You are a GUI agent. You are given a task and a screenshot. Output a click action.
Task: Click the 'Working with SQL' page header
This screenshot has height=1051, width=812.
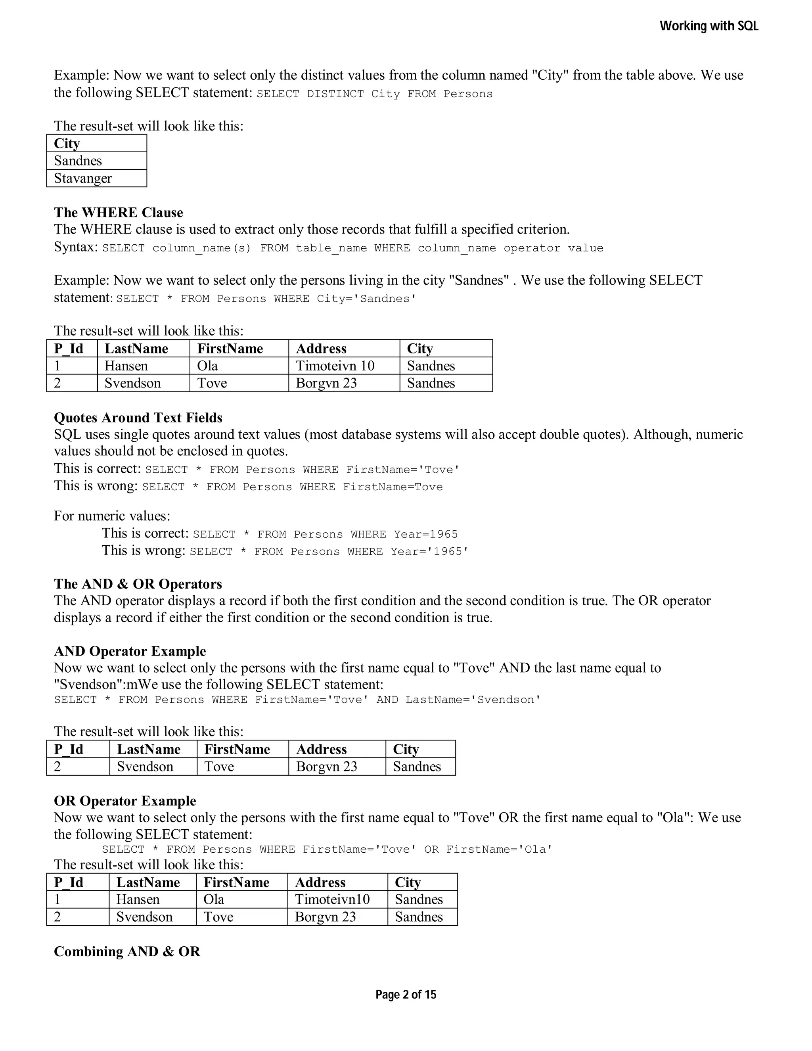pos(709,26)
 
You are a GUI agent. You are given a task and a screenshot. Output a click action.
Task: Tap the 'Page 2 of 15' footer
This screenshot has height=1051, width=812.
pos(406,994)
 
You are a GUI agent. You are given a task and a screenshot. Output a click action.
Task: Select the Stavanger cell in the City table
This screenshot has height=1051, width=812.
pos(83,178)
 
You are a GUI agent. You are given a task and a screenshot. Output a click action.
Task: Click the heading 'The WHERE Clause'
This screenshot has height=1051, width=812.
pos(118,213)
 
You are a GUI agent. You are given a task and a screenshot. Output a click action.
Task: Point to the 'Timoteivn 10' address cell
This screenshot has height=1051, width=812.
pos(335,366)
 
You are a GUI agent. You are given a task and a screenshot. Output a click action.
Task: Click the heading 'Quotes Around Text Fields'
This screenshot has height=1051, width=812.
pos(138,418)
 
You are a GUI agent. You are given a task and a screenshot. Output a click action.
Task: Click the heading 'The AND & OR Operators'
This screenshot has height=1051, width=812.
pos(138,584)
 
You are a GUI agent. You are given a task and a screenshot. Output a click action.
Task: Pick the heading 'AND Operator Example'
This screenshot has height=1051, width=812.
pos(130,652)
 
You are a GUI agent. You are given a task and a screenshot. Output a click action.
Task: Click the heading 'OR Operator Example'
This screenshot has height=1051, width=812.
pos(125,801)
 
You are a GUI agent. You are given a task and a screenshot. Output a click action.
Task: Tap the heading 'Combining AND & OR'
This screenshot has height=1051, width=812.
pos(127,952)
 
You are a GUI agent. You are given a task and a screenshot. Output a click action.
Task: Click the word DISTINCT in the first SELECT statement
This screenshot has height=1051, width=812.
pos(335,94)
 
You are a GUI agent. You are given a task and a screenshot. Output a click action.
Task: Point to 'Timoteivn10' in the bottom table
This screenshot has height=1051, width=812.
pos(332,899)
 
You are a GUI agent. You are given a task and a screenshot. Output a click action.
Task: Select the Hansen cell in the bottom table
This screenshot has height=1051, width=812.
pos(138,899)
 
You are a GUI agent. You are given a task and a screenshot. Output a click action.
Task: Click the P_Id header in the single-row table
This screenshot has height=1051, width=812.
pos(69,749)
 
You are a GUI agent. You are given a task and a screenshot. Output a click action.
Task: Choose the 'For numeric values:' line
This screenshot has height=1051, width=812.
pos(112,516)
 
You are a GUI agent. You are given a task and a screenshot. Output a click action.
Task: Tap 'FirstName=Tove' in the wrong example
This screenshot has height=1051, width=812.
pos(393,487)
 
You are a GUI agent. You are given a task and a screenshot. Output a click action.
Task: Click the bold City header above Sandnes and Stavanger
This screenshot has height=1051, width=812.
pos(67,144)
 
